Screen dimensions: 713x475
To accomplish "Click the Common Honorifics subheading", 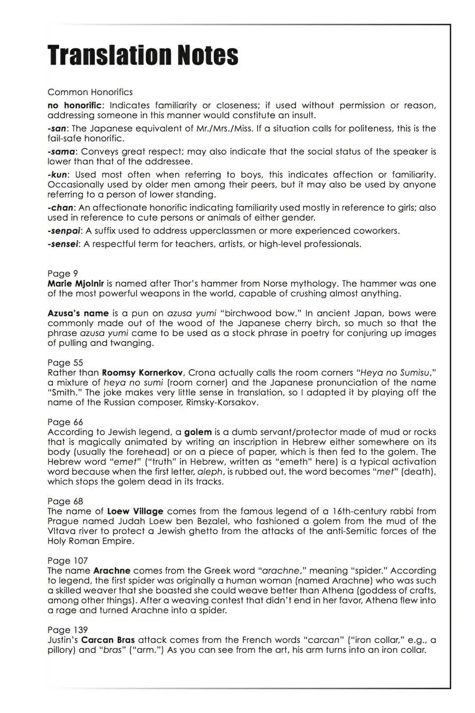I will pos(90,92).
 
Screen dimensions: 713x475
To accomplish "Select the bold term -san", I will pos(57,128).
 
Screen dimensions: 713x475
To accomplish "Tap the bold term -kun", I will pos(59,174).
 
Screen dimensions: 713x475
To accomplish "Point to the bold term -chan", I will pos(61,208).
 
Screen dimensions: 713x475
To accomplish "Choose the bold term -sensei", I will pos(63,244).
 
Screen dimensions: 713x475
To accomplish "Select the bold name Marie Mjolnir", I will pos(75,284).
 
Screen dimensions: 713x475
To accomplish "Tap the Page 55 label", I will pos(65,362).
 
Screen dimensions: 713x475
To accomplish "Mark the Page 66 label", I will pos(65,422).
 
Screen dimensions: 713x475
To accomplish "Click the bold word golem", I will pos(198,432).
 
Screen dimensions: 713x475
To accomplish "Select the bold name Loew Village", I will pos(135,511).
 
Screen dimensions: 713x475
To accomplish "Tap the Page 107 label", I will pos(68,560).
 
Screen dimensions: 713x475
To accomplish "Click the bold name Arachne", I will pos(112,570).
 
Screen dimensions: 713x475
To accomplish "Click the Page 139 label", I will pos(68,630).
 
